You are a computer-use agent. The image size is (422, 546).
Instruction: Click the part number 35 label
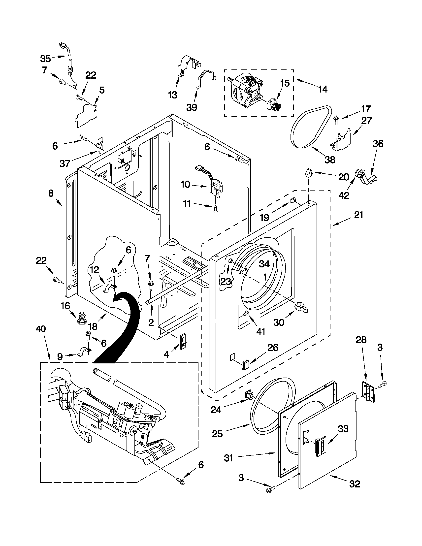[x=45, y=59]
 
